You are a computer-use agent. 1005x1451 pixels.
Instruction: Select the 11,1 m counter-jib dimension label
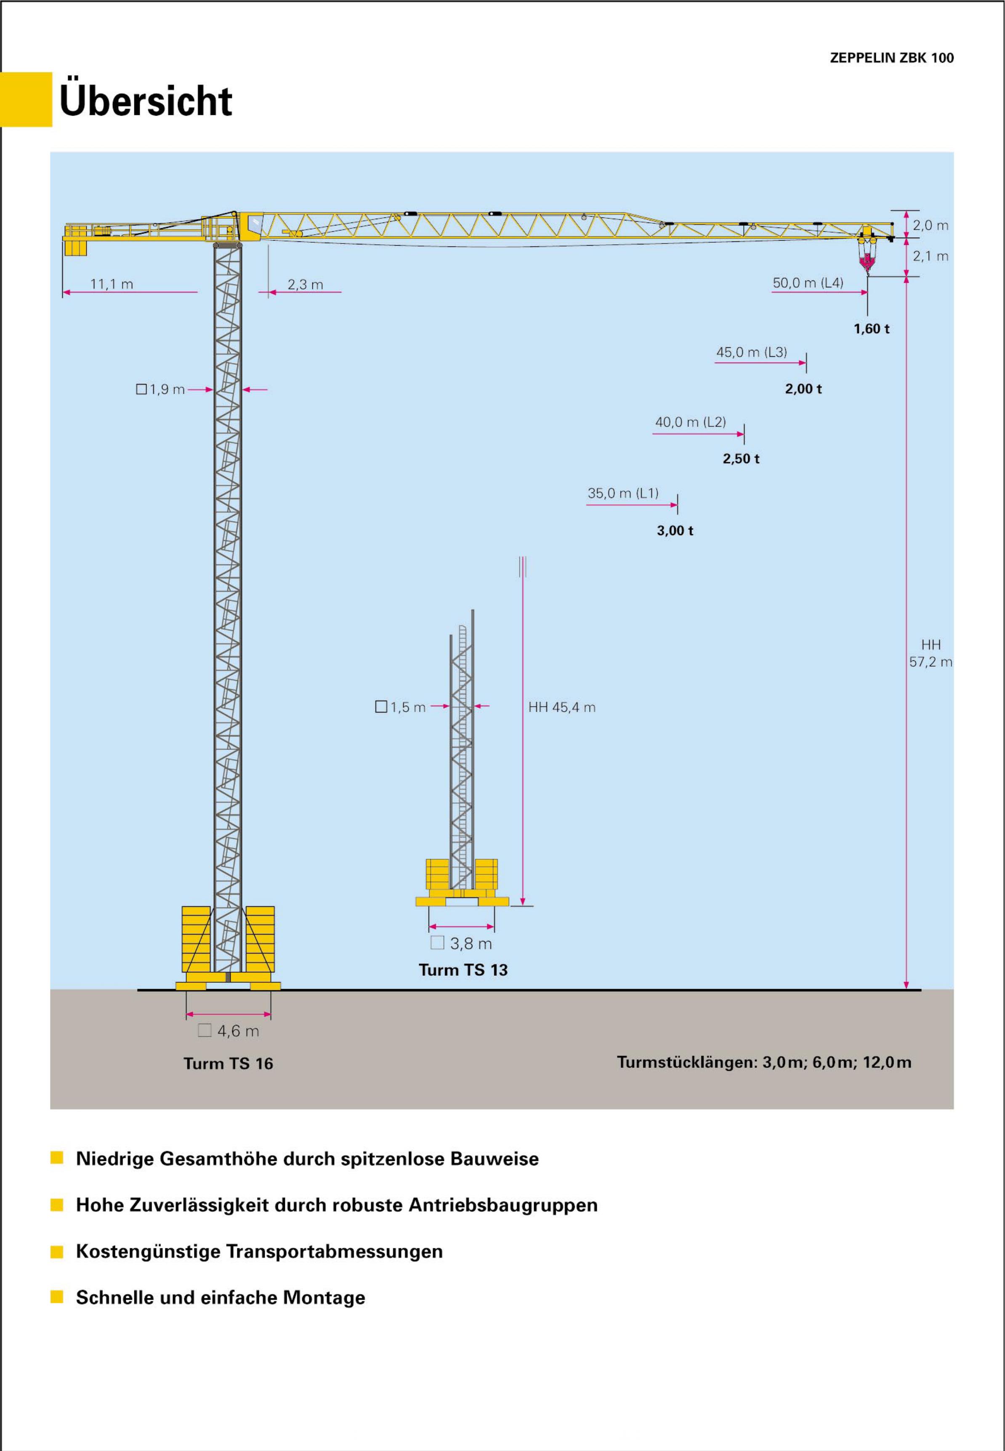[x=112, y=284]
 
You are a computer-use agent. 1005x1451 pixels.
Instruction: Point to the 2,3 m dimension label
[x=306, y=284]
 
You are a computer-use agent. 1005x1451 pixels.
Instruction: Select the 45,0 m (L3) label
[x=751, y=352]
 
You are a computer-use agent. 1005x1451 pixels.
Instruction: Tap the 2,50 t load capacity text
[x=741, y=459]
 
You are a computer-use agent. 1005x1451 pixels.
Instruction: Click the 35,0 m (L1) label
[x=623, y=493]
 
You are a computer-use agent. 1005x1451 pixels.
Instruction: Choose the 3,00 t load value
[x=675, y=530]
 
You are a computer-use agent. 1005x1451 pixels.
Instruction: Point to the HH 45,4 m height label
[x=562, y=707]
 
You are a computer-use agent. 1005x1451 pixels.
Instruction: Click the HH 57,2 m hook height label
[x=930, y=653]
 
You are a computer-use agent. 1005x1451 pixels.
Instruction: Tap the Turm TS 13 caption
[x=463, y=969]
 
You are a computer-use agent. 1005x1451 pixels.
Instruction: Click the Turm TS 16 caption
[x=228, y=1063]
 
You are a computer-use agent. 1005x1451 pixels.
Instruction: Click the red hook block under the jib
[x=867, y=260]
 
